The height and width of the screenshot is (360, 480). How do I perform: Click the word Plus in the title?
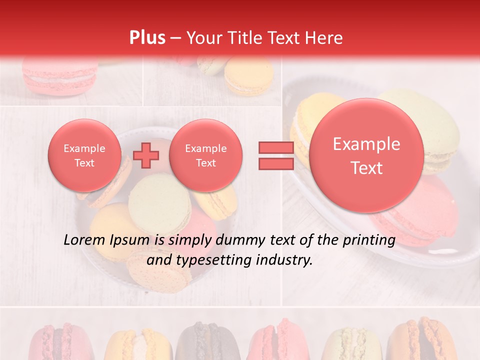[x=147, y=37]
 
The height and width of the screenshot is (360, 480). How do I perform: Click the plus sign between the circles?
[x=146, y=155]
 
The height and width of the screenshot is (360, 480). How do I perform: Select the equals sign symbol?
[x=276, y=155]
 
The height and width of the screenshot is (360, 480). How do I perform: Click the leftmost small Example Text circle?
[x=84, y=155]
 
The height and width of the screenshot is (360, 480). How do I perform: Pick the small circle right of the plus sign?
[x=205, y=155]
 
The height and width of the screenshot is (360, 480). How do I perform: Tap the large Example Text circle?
[x=366, y=155]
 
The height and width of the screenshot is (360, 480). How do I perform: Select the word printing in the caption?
[x=368, y=240]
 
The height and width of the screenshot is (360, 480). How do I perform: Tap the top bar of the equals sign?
[x=276, y=147]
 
